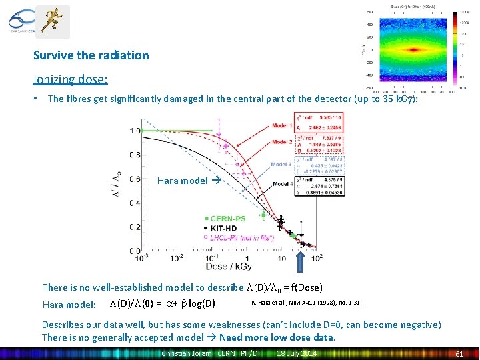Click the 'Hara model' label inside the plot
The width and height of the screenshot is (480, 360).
(x=182, y=181)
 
